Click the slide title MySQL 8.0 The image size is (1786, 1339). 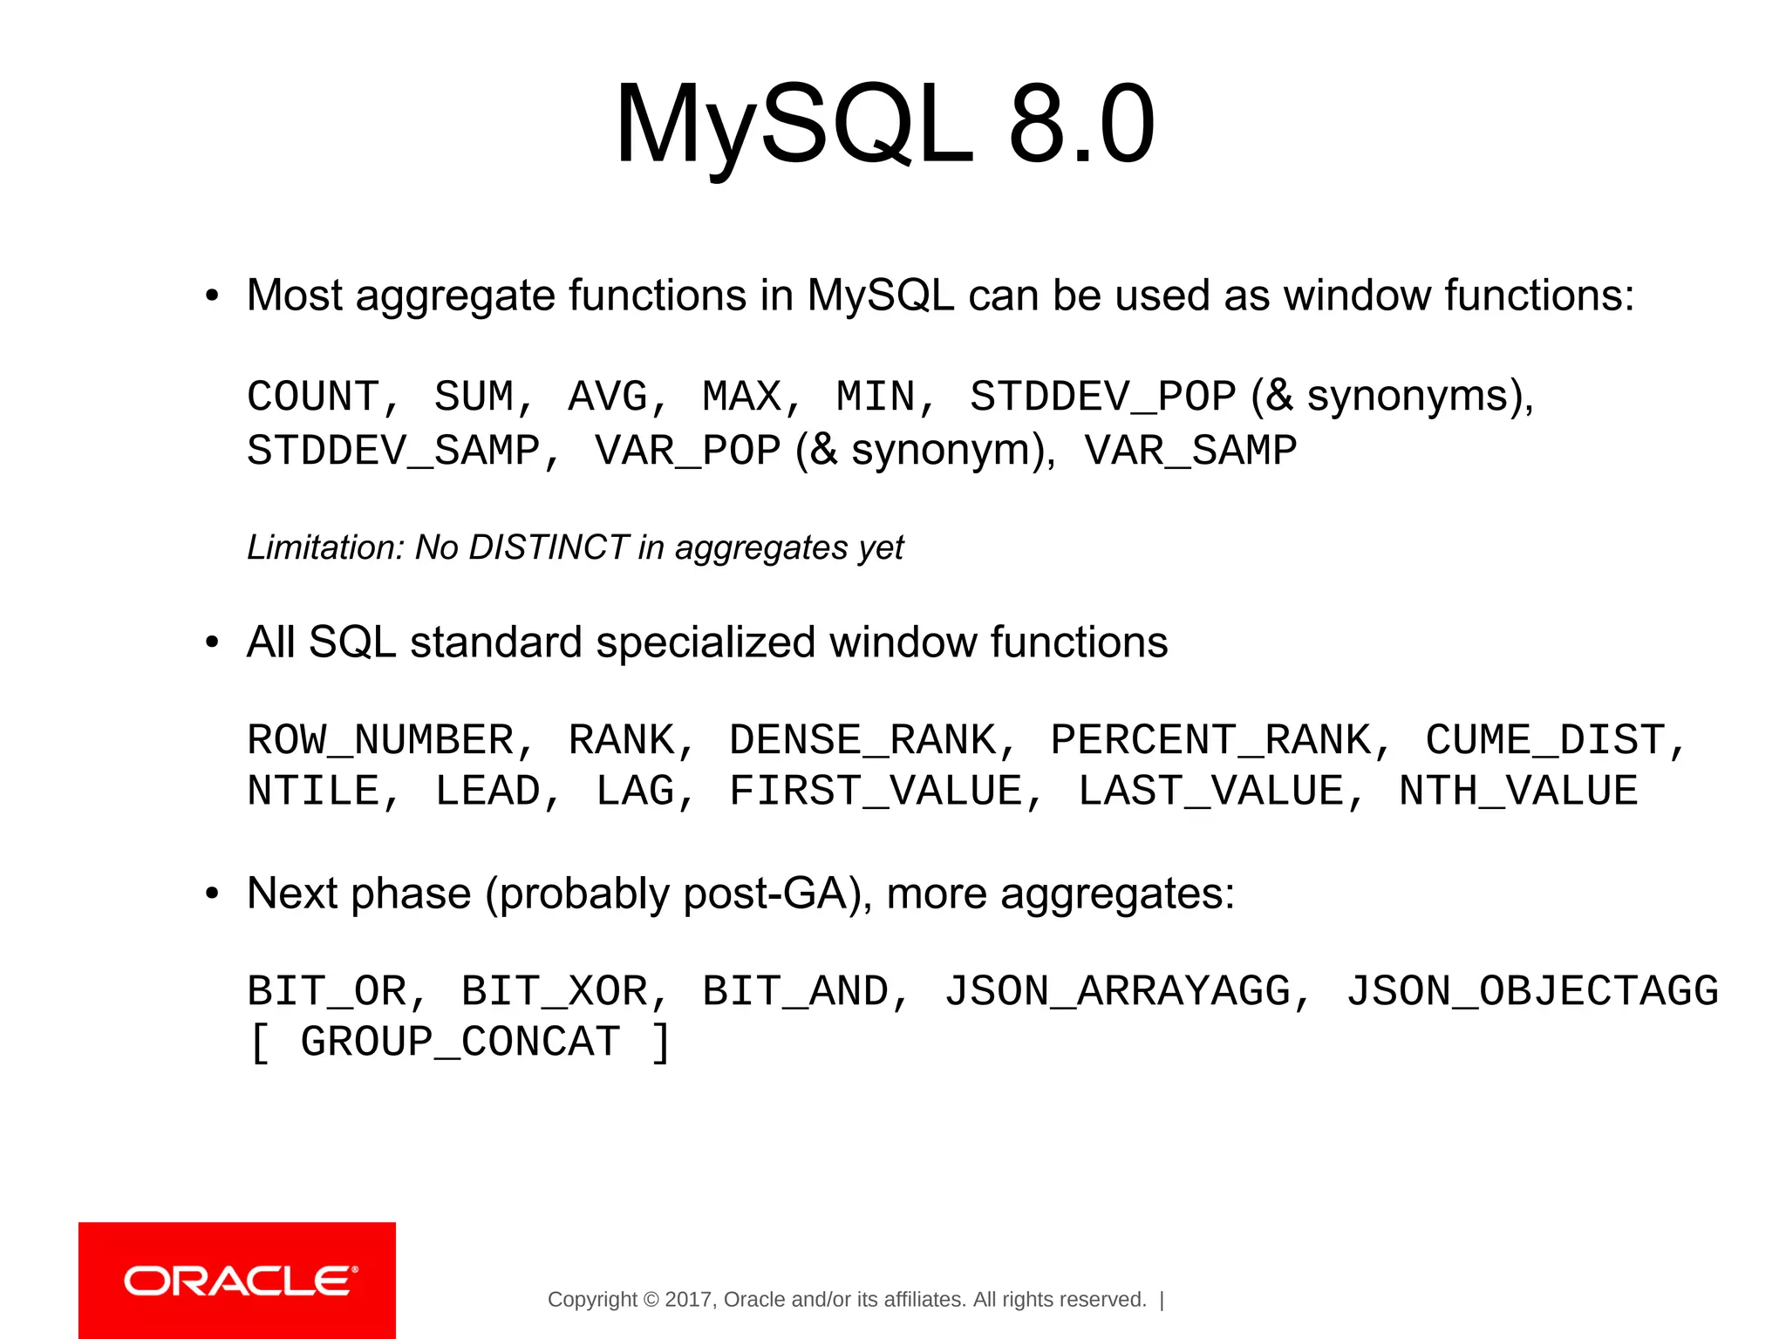[884, 124]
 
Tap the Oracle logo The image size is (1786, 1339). [237, 1281]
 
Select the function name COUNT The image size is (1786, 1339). [312, 397]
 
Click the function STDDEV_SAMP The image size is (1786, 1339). [393, 451]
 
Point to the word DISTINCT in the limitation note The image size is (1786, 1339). [549, 547]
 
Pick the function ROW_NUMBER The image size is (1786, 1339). [380, 740]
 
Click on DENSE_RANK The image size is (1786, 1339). [862, 740]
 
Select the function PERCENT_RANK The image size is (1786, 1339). [1210, 740]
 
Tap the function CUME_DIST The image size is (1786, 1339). [1545, 740]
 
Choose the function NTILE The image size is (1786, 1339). [312, 792]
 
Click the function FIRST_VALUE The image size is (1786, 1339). [876, 792]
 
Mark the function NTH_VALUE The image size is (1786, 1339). [1518, 792]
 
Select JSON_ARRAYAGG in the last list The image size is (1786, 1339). [1117, 991]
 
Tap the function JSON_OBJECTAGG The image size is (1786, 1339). [1532, 991]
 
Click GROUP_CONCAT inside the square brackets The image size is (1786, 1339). [460, 1042]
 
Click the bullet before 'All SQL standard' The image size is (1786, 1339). [212, 643]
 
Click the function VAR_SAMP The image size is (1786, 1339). [1190, 451]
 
